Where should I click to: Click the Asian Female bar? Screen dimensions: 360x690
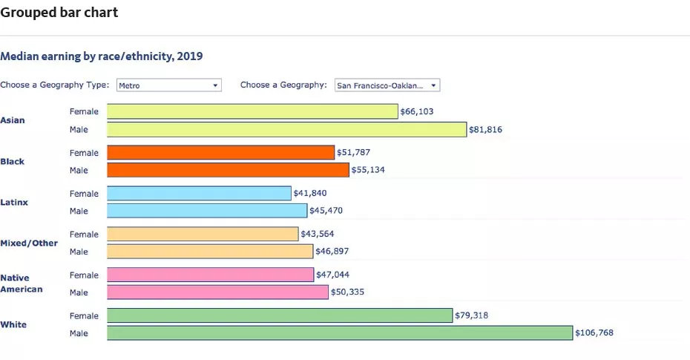(x=252, y=111)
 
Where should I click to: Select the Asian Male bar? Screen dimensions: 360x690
(x=286, y=129)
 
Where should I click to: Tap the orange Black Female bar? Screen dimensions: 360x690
(x=220, y=152)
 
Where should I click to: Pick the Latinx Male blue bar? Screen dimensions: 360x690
(x=206, y=211)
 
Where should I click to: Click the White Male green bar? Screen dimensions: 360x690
(x=340, y=333)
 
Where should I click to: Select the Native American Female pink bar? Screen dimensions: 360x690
(x=211, y=275)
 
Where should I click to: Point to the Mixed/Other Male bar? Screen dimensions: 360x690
(x=210, y=252)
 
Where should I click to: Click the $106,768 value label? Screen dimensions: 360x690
(x=594, y=333)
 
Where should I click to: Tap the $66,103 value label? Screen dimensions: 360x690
(x=417, y=111)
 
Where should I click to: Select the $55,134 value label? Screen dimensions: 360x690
(x=368, y=170)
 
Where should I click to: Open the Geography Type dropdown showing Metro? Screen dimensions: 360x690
(x=169, y=85)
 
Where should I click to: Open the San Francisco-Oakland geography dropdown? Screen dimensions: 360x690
(x=387, y=85)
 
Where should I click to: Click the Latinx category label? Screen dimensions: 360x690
(x=14, y=202)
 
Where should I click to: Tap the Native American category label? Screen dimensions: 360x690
(x=22, y=284)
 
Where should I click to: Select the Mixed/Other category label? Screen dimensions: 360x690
(x=29, y=243)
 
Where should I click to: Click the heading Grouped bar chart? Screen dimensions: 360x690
(x=59, y=13)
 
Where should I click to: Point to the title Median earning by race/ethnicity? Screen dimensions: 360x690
(x=102, y=56)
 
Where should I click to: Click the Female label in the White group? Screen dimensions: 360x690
(x=84, y=315)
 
